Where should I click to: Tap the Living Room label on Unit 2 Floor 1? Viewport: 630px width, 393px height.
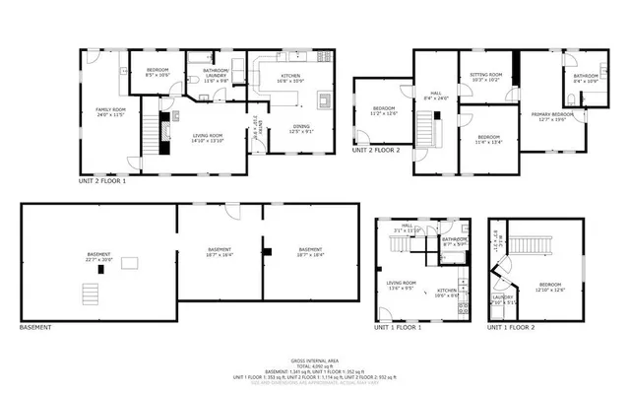tap(208, 138)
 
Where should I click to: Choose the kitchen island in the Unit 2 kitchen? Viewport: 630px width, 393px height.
tap(323, 99)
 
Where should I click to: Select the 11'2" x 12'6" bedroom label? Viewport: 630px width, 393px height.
tap(384, 110)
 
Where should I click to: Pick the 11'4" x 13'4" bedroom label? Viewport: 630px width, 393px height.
tap(489, 139)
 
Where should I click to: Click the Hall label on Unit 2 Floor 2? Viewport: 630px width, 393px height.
tap(434, 96)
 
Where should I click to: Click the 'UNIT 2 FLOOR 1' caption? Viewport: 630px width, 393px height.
tap(102, 181)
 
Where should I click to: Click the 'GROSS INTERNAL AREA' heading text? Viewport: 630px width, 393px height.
tap(315, 361)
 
